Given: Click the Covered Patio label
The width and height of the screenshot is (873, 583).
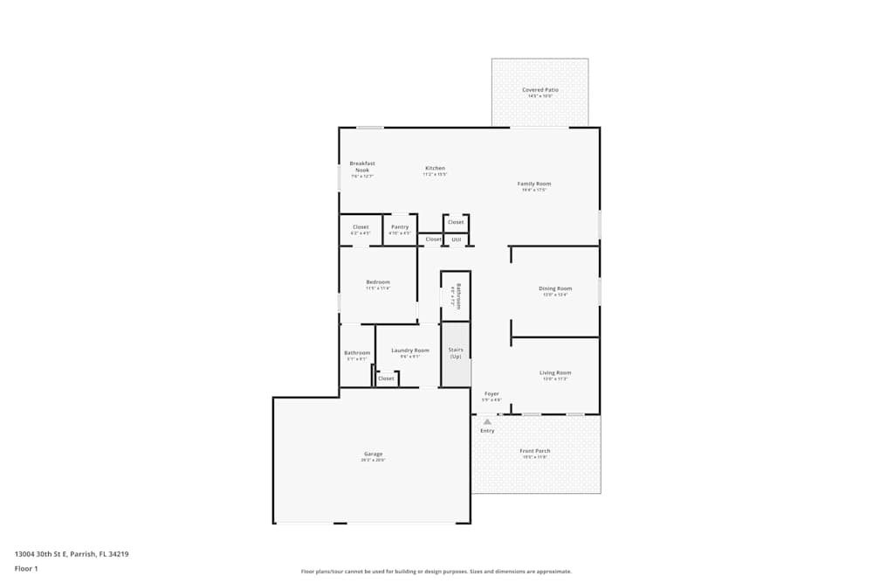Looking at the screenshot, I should click(x=540, y=90).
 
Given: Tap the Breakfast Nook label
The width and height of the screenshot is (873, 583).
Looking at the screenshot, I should click(x=362, y=166).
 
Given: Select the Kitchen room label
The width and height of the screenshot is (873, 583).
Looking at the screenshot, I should click(x=435, y=168).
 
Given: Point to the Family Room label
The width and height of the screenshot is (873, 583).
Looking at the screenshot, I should click(x=533, y=184).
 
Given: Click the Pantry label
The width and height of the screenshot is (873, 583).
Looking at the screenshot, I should click(x=400, y=227).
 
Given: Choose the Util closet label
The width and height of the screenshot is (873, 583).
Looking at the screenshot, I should click(x=456, y=239).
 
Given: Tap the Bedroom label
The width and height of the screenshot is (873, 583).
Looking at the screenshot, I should click(x=378, y=282).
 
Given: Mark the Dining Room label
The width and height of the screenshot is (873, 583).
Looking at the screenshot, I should click(x=555, y=288).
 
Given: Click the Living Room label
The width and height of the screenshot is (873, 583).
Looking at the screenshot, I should click(x=555, y=372).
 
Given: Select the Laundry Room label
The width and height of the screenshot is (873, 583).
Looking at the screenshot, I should click(x=410, y=350).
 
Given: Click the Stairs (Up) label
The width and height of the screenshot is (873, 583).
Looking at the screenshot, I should click(x=456, y=352).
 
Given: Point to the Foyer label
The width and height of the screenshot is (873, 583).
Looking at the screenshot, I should click(x=492, y=394).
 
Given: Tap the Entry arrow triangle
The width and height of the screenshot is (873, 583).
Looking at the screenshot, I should click(x=487, y=421).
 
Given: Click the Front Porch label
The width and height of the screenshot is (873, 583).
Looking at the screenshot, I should click(x=535, y=451).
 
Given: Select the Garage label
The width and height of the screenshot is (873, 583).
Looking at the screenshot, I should click(x=373, y=454).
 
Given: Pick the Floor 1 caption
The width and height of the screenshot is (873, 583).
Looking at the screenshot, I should click(x=26, y=568).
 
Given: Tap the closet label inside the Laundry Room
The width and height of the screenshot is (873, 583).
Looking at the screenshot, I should click(x=386, y=378).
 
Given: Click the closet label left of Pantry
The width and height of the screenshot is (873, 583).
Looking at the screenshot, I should click(x=361, y=227).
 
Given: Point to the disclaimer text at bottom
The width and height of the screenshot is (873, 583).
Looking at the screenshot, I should click(x=436, y=572).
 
